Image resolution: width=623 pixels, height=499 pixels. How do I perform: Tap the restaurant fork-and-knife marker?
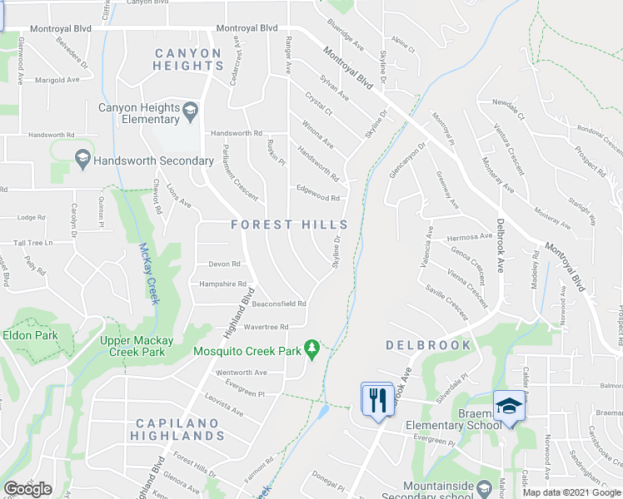point(377,400)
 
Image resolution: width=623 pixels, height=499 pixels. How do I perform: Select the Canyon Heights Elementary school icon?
point(190,109)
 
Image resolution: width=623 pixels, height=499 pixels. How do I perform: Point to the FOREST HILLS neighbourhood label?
point(289,225)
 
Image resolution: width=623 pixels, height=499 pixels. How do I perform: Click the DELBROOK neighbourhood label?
point(428,344)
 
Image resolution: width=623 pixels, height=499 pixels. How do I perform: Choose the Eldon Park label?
point(30,335)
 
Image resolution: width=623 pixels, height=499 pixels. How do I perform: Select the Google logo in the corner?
point(27,489)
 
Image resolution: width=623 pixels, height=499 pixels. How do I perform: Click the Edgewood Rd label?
point(318,198)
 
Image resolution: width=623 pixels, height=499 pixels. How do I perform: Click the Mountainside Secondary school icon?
point(484,486)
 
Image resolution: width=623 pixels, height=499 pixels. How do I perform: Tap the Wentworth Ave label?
point(242,373)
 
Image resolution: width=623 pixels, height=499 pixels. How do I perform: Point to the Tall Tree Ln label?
point(32,243)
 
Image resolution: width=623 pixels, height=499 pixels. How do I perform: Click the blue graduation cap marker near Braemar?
point(506,406)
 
